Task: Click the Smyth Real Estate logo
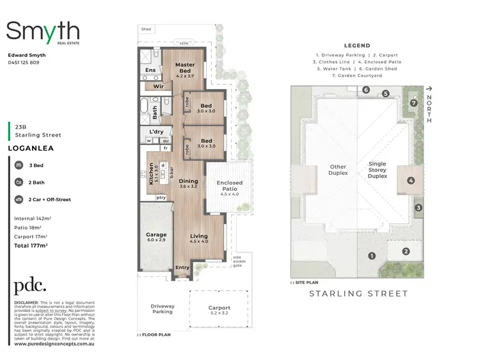43,32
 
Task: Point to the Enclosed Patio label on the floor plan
229,186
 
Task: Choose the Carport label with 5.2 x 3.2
220,311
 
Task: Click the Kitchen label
151,174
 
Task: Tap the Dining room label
188,183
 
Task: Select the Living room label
199,239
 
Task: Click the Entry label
182,268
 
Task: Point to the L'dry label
157,131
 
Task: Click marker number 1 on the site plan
371,256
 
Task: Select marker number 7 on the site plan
414,102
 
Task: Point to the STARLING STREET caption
358,294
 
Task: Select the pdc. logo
31,286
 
